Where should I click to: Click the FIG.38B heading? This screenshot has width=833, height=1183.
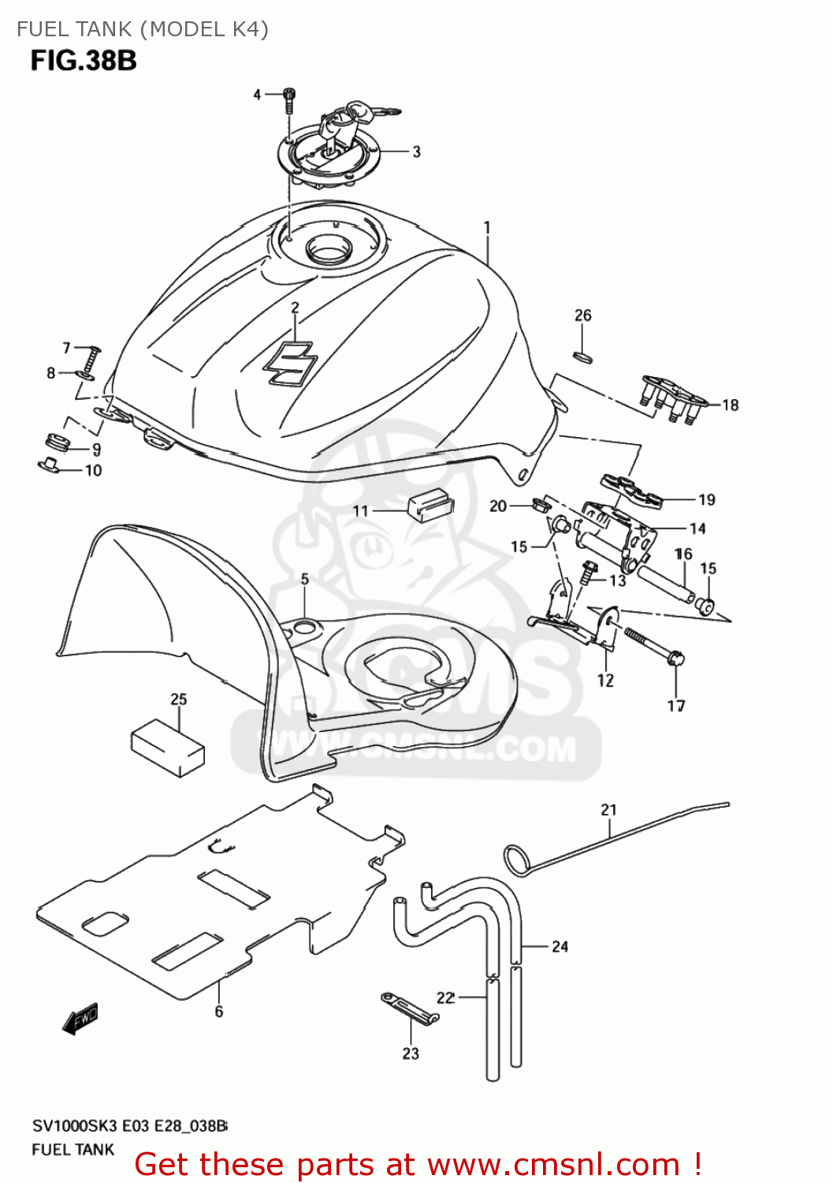84,61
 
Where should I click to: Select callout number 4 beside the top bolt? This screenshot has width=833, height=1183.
257,95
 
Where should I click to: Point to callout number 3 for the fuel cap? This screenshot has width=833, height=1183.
416,151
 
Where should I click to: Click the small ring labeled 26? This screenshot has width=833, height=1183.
582,356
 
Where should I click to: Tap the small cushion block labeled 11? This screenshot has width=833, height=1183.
427,505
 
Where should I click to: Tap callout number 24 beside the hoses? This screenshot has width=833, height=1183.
560,946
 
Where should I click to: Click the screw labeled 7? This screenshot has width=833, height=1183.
92,360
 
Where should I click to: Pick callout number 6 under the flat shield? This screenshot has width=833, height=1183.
218,1011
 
